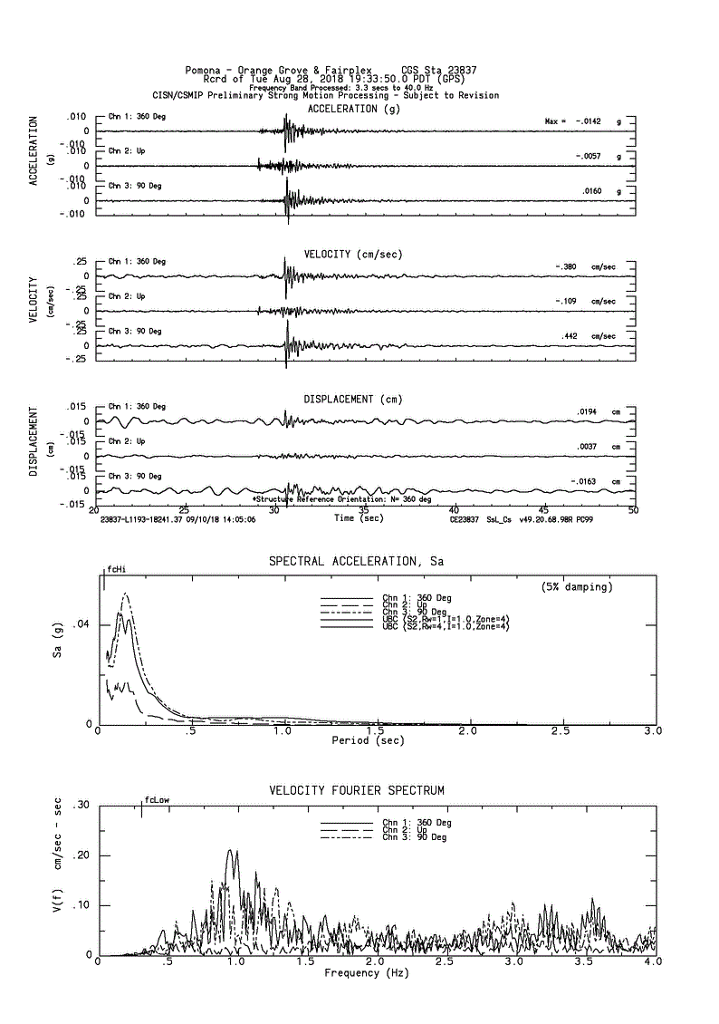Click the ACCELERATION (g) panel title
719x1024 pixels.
click(x=354, y=109)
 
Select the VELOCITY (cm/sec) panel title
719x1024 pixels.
click(x=355, y=254)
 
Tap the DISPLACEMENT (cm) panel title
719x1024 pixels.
click(x=353, y=399)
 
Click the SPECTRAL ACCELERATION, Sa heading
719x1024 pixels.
click(x=356, y=562)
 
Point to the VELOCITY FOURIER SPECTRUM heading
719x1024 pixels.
click(x=357, y=791)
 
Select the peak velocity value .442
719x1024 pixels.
click(x=570, y=336)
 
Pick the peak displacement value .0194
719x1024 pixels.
click(x=586, y=412)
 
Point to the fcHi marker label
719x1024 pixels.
click(x=115, y=570)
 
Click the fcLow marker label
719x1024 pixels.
click(x=157, y=800)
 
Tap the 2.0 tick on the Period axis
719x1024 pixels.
click(x=467, y=730)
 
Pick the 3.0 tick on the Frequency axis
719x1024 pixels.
click(x=514, y=961)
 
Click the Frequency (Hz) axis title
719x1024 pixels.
click(x=366, y=972)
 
